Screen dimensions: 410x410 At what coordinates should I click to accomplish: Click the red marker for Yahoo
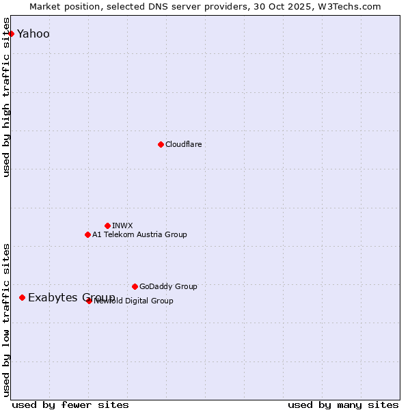coord(11,33)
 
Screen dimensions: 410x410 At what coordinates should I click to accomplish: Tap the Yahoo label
coord(33,34)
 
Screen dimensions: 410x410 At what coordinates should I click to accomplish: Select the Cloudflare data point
coord(161,144)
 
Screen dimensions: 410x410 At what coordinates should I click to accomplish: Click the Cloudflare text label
coord(184,144)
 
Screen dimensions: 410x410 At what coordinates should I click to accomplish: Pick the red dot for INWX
coord(107,225)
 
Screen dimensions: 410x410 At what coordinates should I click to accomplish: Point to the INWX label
coord(122,225)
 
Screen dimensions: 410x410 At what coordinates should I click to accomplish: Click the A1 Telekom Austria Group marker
coord(87,234)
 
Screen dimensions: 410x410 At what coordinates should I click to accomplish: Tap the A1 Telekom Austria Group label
coord(139,234)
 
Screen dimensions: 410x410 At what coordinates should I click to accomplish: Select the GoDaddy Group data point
coord(135,286)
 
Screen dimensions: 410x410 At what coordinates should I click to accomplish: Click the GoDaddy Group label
coord(168,286)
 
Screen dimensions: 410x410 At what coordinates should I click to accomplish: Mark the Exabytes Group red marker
coord(23,297)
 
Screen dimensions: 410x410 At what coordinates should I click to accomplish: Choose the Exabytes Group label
coord(71,297)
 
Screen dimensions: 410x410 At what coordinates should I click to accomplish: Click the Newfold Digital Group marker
coord(89,301)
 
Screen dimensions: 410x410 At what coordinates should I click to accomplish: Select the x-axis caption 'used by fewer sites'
coord(70,405)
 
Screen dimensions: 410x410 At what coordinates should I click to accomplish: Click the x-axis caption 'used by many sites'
coord(343,405)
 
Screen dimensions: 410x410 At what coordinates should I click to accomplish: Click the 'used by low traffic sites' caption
coord(7,319)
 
